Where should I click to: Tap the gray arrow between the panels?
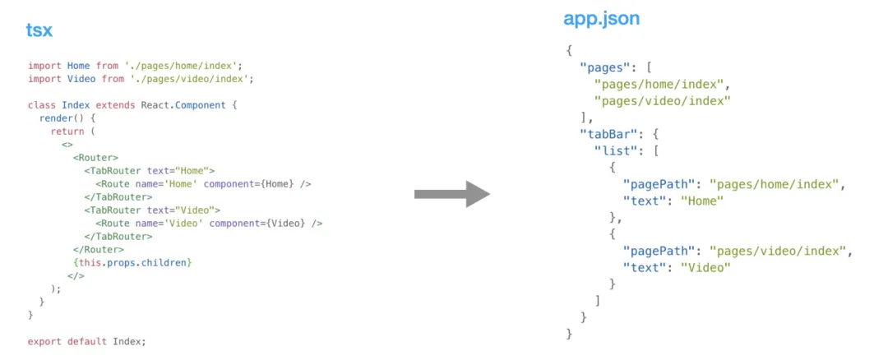coord(451,194)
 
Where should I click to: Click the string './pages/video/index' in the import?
coord(192,79)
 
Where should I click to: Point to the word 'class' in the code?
coord(42,105)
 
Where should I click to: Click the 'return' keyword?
coord(67,132)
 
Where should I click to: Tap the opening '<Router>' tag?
coord(95,158)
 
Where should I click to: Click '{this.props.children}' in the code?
coord(133,262)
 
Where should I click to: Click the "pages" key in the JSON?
coord(604,67)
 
